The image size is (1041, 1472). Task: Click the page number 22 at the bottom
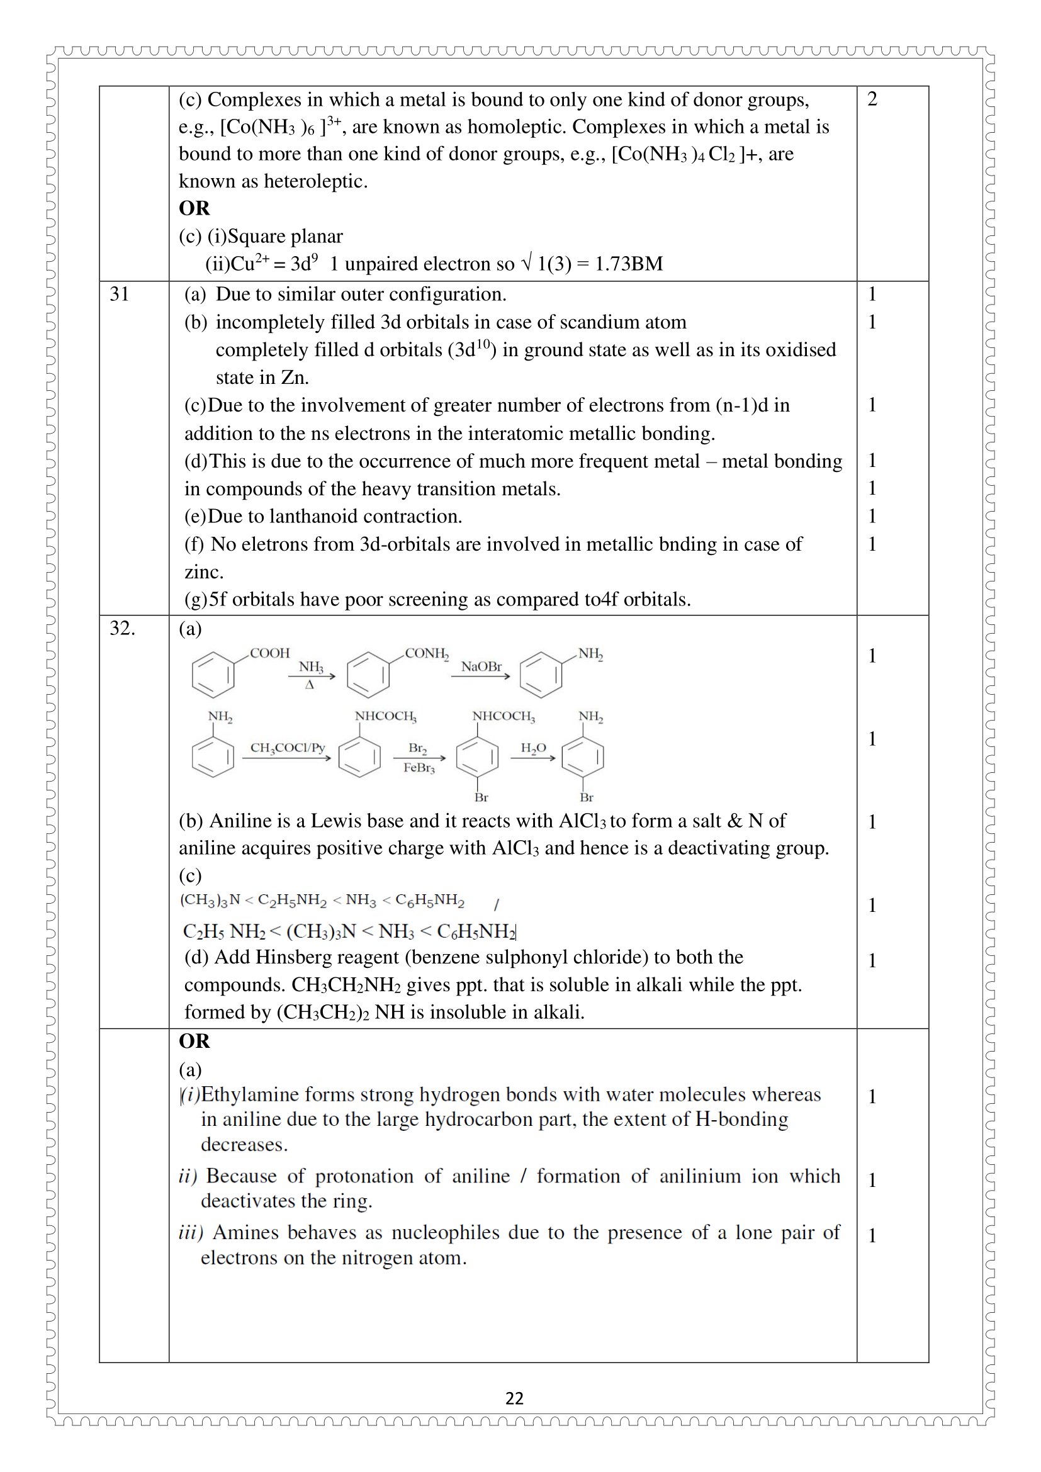514,1398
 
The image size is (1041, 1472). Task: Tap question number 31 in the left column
119,295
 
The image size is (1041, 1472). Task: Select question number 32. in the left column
123,628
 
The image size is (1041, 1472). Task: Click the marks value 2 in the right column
872,99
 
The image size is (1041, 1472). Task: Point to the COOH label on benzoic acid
269,653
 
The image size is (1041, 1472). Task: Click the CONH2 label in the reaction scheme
426,653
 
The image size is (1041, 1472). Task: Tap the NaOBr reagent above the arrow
481,666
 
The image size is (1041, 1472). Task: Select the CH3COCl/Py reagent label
287,748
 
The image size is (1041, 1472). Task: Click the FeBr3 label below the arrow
419,768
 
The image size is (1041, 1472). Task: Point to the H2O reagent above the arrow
532,748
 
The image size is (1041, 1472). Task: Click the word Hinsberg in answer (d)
293,957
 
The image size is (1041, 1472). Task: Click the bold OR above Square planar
194,208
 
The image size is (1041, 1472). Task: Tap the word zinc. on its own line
204,572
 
